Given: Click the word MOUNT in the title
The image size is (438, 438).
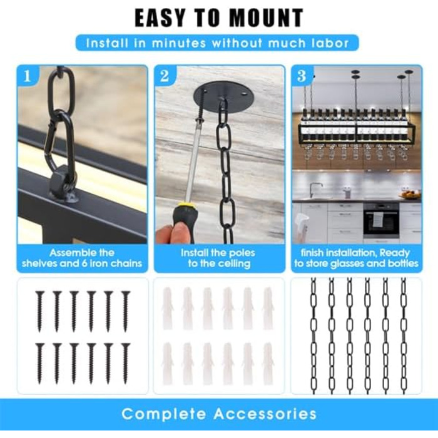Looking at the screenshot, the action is click(266, 18).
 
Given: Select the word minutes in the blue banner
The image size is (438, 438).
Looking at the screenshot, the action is click(179, 43).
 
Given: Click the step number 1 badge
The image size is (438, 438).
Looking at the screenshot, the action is click(27, 76).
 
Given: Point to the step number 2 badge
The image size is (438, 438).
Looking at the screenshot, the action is click(165, 76).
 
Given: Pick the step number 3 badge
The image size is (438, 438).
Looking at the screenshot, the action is click(302, 76).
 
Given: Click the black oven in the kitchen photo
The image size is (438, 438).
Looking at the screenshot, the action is click(381, 220).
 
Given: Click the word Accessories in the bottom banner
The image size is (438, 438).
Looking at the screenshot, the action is click(265, 414).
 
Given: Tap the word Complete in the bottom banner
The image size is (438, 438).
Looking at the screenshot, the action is click(163, 414).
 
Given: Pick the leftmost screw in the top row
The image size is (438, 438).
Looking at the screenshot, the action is click(39, 311).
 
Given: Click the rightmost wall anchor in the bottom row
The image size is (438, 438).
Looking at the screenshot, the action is click(268, 364).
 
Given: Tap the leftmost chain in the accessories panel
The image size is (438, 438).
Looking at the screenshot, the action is click(313, 335).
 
